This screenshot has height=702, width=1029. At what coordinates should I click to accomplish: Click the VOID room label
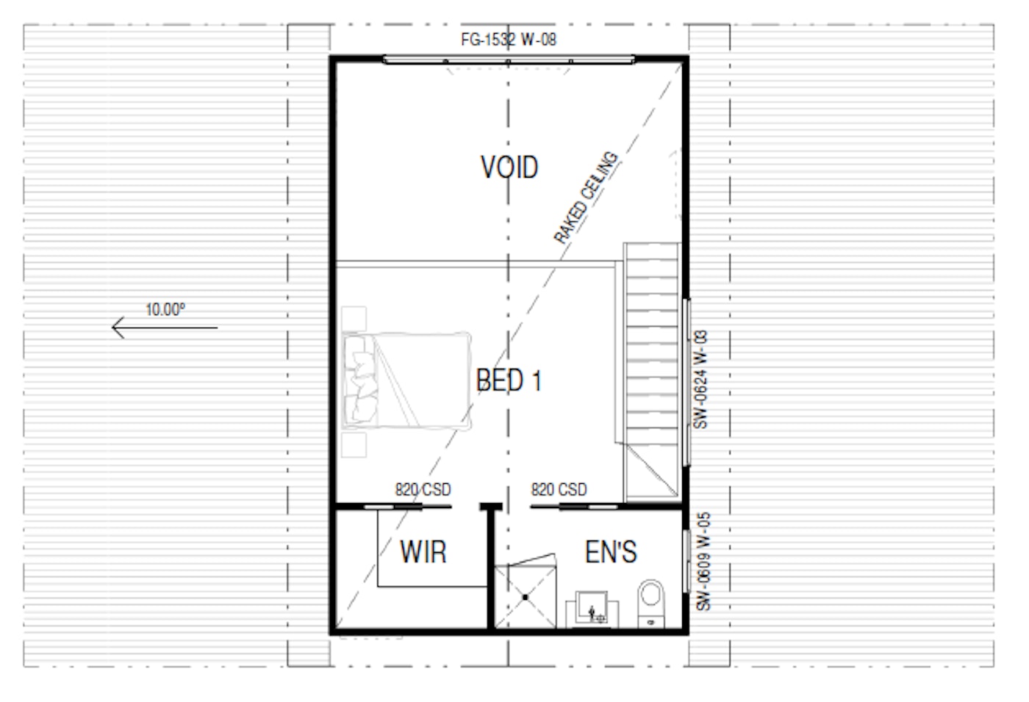pyautogui.click(x=509, y=167)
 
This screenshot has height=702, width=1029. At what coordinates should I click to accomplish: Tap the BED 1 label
pyautogui.click(x=509, y=380)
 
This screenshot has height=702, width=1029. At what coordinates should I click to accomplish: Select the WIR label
pyautogui.click(x=423, y=551)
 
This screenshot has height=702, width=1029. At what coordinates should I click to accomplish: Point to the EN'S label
pyautogui.click(x=611, y=552)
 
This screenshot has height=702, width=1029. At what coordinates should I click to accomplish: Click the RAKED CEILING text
pyautogui.click(x=585, y=197)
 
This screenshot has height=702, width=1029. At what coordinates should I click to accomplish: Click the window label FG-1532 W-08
pyautogui.click(x=509, y=40)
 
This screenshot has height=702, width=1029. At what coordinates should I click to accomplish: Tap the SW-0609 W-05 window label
pyautogui.click(x=703, y=561)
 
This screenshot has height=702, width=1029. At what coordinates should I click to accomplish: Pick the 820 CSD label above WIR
pyautogui.click(x=423, y=489)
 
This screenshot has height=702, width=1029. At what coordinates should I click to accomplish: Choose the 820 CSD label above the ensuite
pyautogui.click(x=559, y=489)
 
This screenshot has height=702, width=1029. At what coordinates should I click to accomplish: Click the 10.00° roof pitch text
pyautogui.click(x=165, y=309)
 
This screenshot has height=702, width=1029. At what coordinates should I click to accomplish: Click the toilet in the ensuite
pyautogui.click(x=650, y=602)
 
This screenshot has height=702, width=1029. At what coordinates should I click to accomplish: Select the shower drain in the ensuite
pyautogui.click(x=526, y=598)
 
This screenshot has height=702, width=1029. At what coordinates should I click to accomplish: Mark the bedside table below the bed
pyautogui.click(x=354, y=444)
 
